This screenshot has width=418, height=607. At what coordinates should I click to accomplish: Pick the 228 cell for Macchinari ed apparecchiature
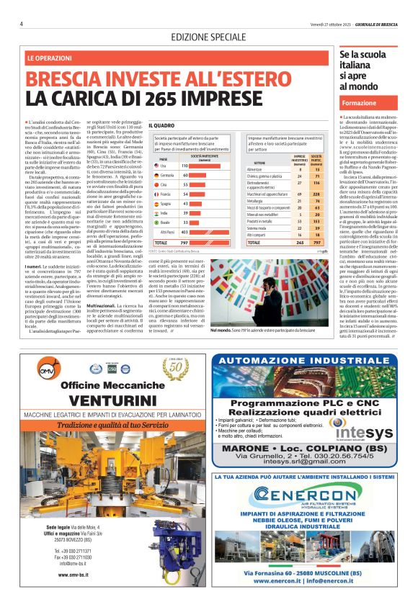point(315,174)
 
